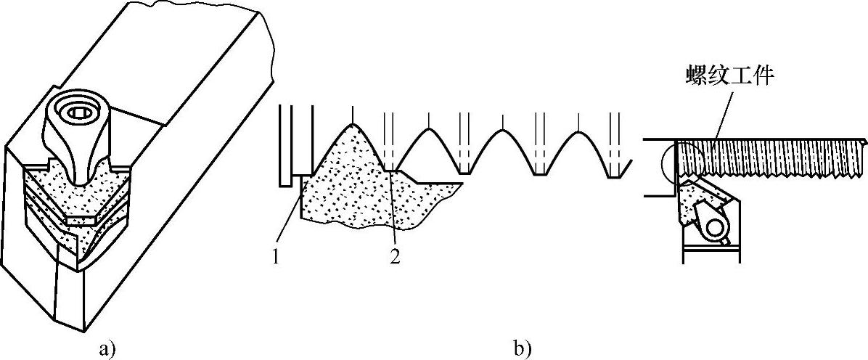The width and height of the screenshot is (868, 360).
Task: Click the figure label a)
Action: coord(107,349)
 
